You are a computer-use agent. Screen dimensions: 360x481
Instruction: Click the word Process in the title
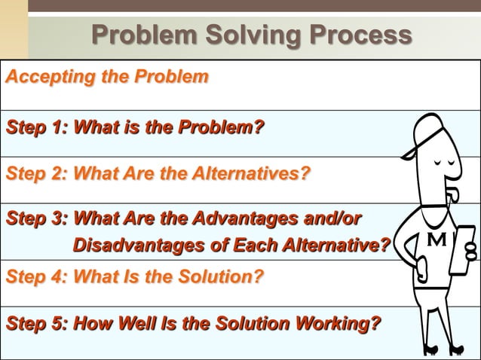pos(357,35)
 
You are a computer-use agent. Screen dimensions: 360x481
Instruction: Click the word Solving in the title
pos(244,35)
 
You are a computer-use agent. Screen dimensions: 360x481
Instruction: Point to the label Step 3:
pos(36,219)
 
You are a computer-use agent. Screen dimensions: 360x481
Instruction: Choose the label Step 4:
pos(36,276)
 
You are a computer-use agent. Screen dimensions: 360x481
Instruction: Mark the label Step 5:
pos(36,324)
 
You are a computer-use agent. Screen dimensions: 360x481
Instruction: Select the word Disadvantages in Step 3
pos(133,246)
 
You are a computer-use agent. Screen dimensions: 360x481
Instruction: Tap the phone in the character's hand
pos(462,249)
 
